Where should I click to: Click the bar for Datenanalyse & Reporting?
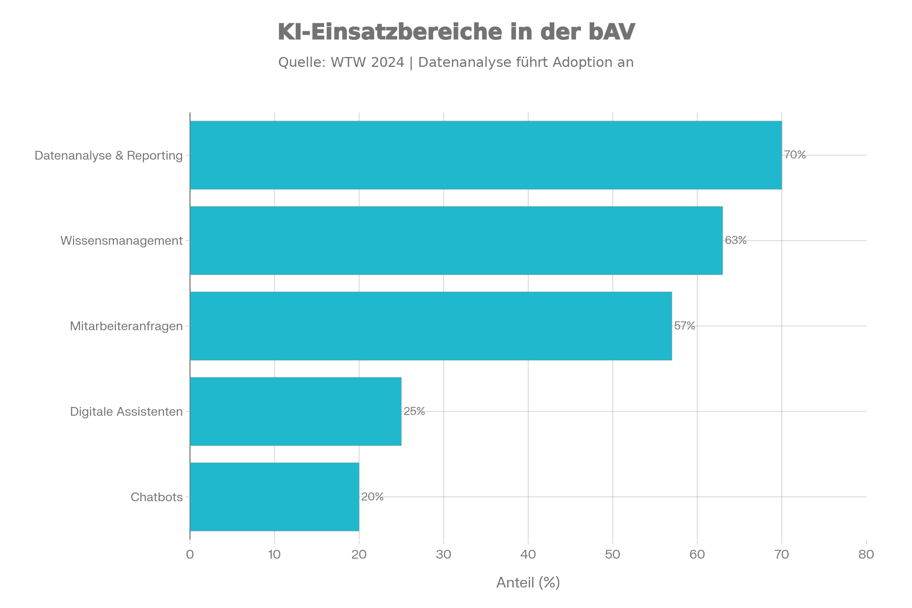[x=486, y=155]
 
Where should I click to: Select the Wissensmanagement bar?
[x=456, y=241]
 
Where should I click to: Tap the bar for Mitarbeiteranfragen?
[x=431, y=326]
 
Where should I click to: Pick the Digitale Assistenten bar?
[x=296, y=412]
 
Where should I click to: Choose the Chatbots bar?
[x=274, y=497]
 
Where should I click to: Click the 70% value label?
[x=795, y=155]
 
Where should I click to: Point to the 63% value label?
[x=736, y=241]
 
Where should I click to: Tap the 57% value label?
[x=684, y=326]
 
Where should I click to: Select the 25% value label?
[x=414, y=411]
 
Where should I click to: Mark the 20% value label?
[x=372, y=497]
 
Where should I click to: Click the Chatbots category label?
[x=156, y=497]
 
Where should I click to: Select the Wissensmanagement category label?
[x=121, y=241]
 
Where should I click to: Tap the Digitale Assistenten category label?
[x=126, y=412]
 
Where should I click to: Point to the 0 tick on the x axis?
[x=190, y=554]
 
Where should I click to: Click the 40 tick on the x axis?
[x=528, y=554]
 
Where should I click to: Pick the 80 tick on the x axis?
[x=866, y=554]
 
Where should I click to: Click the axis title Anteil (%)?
[x=528, y=583]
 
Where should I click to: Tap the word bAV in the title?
[x=611, y=32]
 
